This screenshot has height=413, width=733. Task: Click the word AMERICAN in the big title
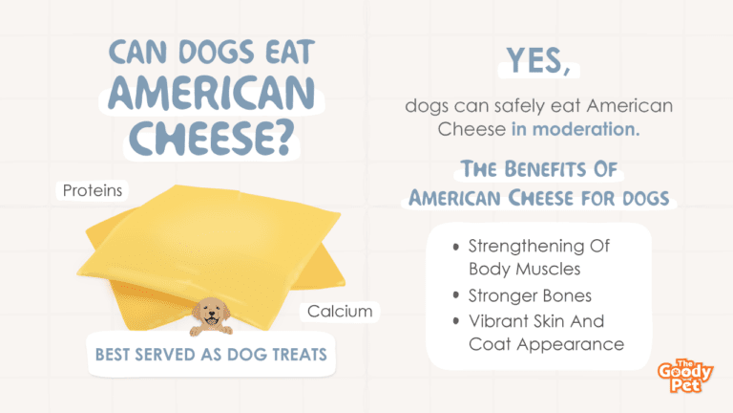point(211,93)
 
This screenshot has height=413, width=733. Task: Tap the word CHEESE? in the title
point(211,138)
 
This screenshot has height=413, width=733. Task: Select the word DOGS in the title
point(217,52)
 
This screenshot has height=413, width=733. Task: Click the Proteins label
point(92,190)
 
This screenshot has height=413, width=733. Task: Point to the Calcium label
point(340,312)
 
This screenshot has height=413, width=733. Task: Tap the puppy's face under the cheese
point(211,314)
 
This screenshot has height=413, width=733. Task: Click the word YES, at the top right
point(539,61)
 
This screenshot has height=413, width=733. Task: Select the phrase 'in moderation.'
point(576,129)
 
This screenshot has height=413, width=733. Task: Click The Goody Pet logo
point(685,376)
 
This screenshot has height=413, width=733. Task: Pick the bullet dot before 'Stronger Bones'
point(456,295)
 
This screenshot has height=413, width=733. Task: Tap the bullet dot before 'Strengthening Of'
point(456,247)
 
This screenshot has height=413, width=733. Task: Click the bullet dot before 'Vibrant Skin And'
point(456,321)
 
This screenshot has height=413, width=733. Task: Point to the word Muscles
point(555,270)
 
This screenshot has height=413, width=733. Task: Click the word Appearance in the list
point(571,345)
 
